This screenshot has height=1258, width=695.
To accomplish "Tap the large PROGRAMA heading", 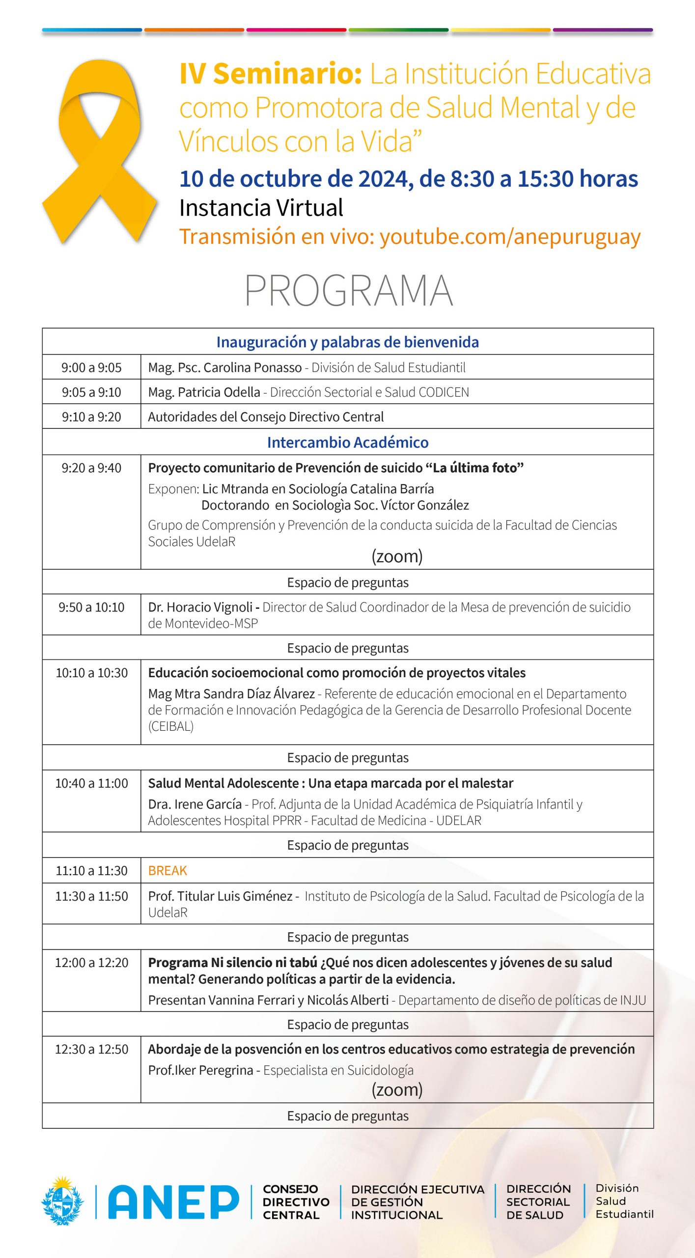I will pos(348,291).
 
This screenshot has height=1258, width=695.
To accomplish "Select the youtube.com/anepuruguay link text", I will pos(510,237).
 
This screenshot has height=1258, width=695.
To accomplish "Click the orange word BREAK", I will pos(167,871).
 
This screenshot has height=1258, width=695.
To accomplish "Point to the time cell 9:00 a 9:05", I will pos(91,368).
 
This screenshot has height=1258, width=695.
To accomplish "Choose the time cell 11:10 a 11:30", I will pos(91,871).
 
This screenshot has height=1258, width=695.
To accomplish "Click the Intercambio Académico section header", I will pos(348,442).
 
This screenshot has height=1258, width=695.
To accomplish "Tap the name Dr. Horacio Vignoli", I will pos(200,607).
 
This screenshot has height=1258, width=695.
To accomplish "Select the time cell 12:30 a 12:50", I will pos(91,1050).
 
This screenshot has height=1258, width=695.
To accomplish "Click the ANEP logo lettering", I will pos(173,1202).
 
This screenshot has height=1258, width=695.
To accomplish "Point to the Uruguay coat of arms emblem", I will pos(62,1201).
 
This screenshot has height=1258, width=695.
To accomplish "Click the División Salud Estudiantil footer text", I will pos(624,1201).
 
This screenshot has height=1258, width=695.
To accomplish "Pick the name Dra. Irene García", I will pos(195,804).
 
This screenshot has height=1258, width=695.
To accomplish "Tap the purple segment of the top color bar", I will pos(603,30).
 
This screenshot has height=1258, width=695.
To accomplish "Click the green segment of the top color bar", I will pos(398,30).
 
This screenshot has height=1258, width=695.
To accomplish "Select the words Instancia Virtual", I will pos(261,208).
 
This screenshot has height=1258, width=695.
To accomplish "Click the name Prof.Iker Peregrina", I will pos(200,1070).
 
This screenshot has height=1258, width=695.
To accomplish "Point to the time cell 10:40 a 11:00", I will pos(91,783).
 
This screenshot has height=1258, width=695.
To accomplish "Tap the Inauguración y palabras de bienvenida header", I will pos(348,342).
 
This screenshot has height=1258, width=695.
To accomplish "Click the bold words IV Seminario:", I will pos(271,74).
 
